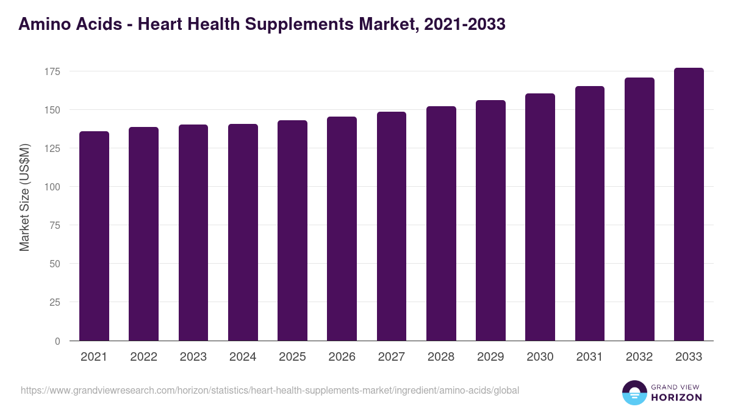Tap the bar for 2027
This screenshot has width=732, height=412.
click(392, 226)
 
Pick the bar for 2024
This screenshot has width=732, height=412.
click(243, 233)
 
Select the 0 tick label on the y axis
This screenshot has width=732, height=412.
click(57, 341)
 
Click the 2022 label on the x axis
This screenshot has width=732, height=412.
click(143, 357)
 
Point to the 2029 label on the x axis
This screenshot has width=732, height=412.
click(490, 357)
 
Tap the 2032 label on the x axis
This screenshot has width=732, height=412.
click(639, 357)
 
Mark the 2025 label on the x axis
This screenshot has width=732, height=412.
click(292, 357)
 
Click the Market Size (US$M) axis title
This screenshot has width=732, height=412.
click(24, 197)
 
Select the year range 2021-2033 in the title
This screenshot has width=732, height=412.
click(465, 24)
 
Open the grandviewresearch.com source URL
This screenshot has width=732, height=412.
click(270, 390)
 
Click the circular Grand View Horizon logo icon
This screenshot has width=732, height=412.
click(634, 392)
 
